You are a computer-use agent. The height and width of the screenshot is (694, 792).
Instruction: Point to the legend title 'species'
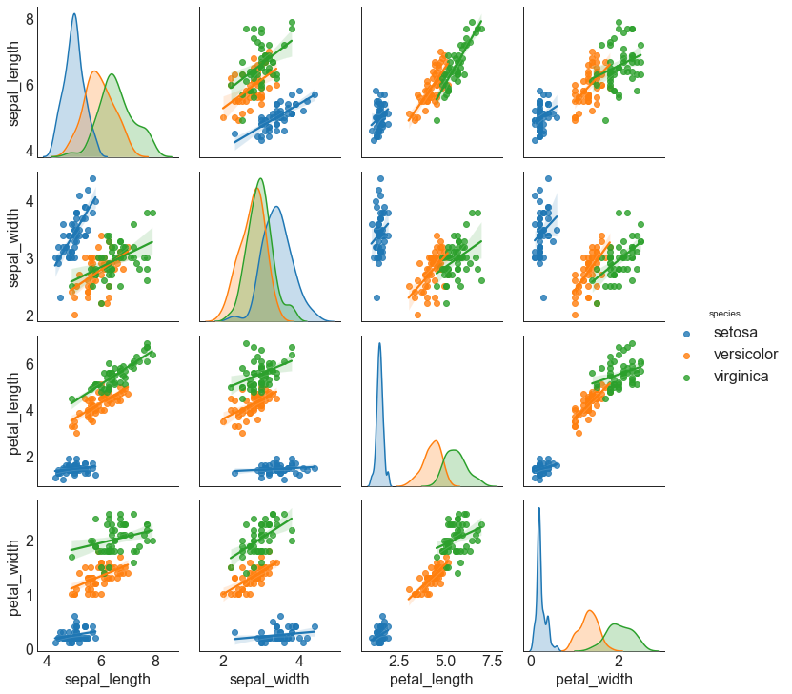723,313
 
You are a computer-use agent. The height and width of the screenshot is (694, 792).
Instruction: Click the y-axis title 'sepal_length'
14,83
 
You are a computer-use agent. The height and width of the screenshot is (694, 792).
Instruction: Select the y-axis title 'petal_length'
14,407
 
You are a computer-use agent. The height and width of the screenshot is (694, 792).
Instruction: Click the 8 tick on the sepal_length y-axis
30,19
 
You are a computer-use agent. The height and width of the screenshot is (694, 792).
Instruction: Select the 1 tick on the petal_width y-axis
30,595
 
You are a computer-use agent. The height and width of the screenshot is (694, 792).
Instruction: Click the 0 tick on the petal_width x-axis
532,661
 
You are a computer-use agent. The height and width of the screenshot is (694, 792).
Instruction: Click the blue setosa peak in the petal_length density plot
379,344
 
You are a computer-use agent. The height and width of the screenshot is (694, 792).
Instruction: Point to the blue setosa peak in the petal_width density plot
538,508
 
